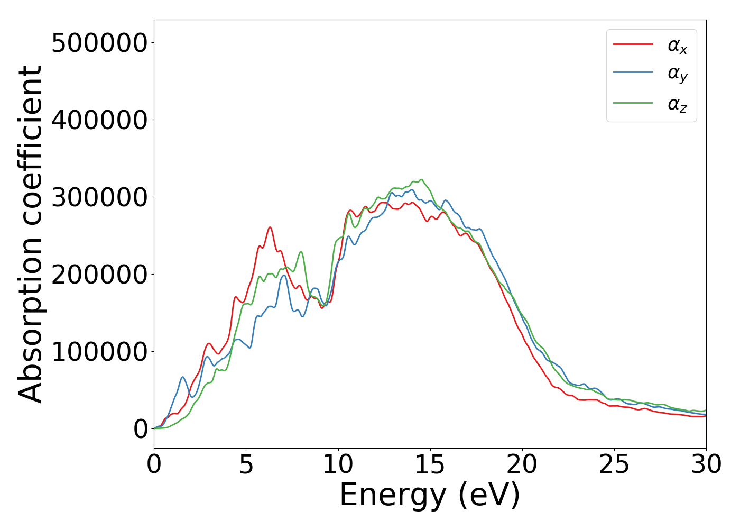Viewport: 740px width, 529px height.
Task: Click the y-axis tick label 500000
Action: pos(99,43)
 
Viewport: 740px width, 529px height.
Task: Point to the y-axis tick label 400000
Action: pos(99,120)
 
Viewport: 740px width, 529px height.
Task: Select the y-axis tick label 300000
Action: pos(99,197)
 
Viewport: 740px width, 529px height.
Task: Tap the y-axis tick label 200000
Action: pos(99,275)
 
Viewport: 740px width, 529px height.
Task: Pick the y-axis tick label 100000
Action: pos(99,352)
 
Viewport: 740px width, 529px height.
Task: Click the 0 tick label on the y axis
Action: pos(141,429)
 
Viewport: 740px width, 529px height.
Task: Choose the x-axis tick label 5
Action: pos(246,465)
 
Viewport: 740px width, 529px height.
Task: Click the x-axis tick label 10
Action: pos(338,465)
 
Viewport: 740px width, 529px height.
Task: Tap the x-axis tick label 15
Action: pos(430,465)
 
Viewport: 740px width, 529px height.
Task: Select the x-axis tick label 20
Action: pos(522,465)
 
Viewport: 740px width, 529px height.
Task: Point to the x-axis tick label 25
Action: pos(614,465)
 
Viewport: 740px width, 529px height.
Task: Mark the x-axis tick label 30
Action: pos(706,465)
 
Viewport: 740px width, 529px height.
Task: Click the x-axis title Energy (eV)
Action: pos(430,496)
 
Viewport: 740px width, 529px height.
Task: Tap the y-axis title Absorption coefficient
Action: pos(31,234)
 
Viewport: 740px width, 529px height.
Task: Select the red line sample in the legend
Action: pos(633,44)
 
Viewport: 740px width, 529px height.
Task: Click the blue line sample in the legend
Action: pos(633,73)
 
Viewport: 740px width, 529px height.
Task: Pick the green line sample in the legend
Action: pos(633,103)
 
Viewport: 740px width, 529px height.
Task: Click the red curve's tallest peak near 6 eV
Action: pos(270,227)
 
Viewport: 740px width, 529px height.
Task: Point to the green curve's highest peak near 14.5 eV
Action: pos(421,179)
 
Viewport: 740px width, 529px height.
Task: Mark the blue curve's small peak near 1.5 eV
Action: pos(182,377)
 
